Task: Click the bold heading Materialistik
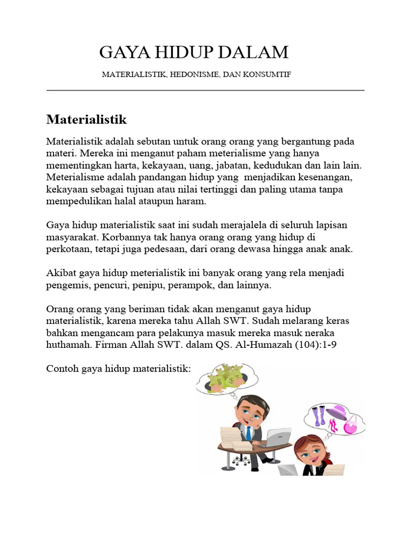click(x=86, y=118)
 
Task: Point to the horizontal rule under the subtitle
click(x=205, y=90)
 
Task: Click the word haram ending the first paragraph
click(x=192, y=202)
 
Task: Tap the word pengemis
click(x=68, y=285)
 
